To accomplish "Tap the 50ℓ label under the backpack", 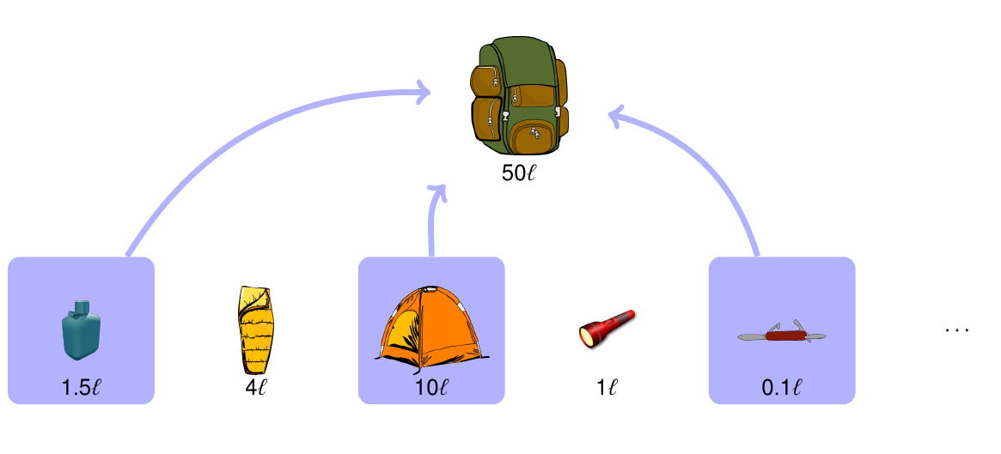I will [x=519, y=172].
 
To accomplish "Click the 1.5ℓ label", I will [x=81, y=388].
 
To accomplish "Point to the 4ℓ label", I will [x=256, y=388].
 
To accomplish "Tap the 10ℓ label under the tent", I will [x=431, y=388].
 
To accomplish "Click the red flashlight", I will [x=606, y=328].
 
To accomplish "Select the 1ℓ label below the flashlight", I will [x=607, y=388].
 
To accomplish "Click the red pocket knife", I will [x=781, y=334].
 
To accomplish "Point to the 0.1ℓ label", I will [x=781, y=388].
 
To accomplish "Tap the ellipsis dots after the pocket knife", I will [x=956, y=330].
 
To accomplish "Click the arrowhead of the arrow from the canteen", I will [x=423, y=92].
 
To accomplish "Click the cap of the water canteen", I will [x=81, y=306].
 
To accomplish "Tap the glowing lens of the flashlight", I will [x=588, y=336].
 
